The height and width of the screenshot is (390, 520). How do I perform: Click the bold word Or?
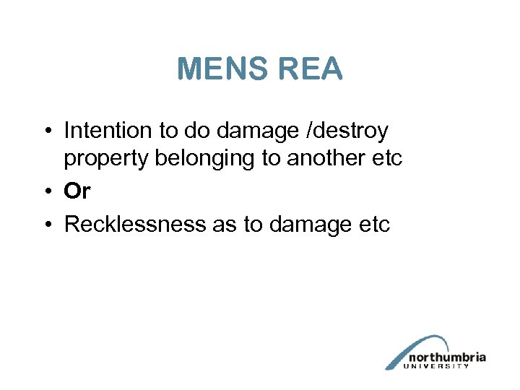[77, 191]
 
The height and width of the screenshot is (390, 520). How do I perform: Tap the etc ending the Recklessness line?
[373, 225]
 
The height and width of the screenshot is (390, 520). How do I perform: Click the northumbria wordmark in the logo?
[447, 357]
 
